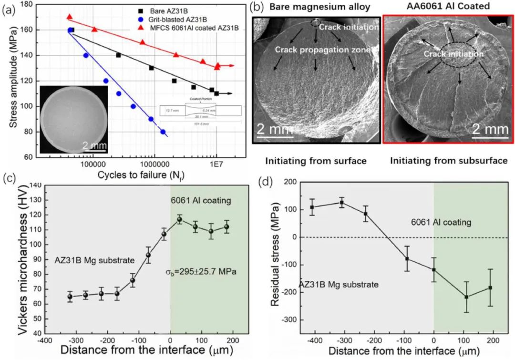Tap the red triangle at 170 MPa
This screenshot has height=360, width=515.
(70, 17)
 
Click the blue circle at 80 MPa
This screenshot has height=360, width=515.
(163, 132)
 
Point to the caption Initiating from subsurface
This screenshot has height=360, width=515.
(449, 161)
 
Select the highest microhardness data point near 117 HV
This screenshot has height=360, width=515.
(179, 219)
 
